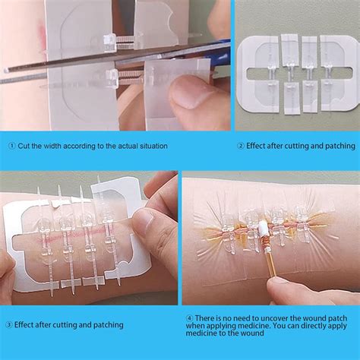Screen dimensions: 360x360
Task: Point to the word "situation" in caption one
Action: [150, 145]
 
